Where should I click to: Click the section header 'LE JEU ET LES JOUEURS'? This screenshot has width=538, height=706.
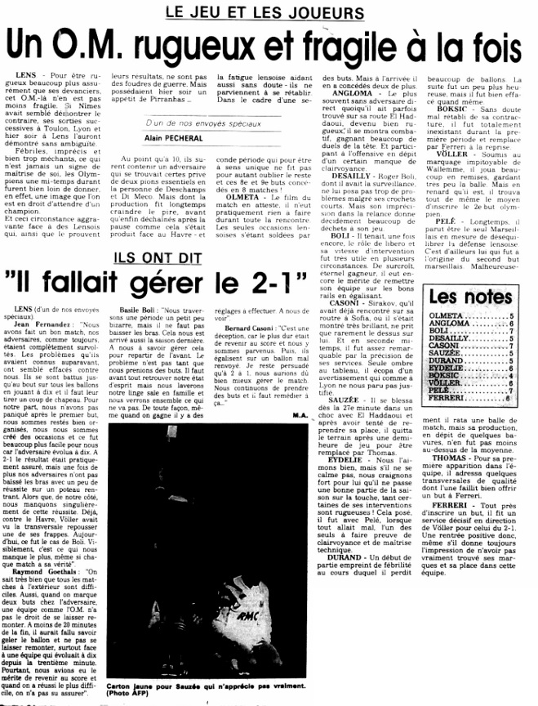(x=264, y=13)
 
